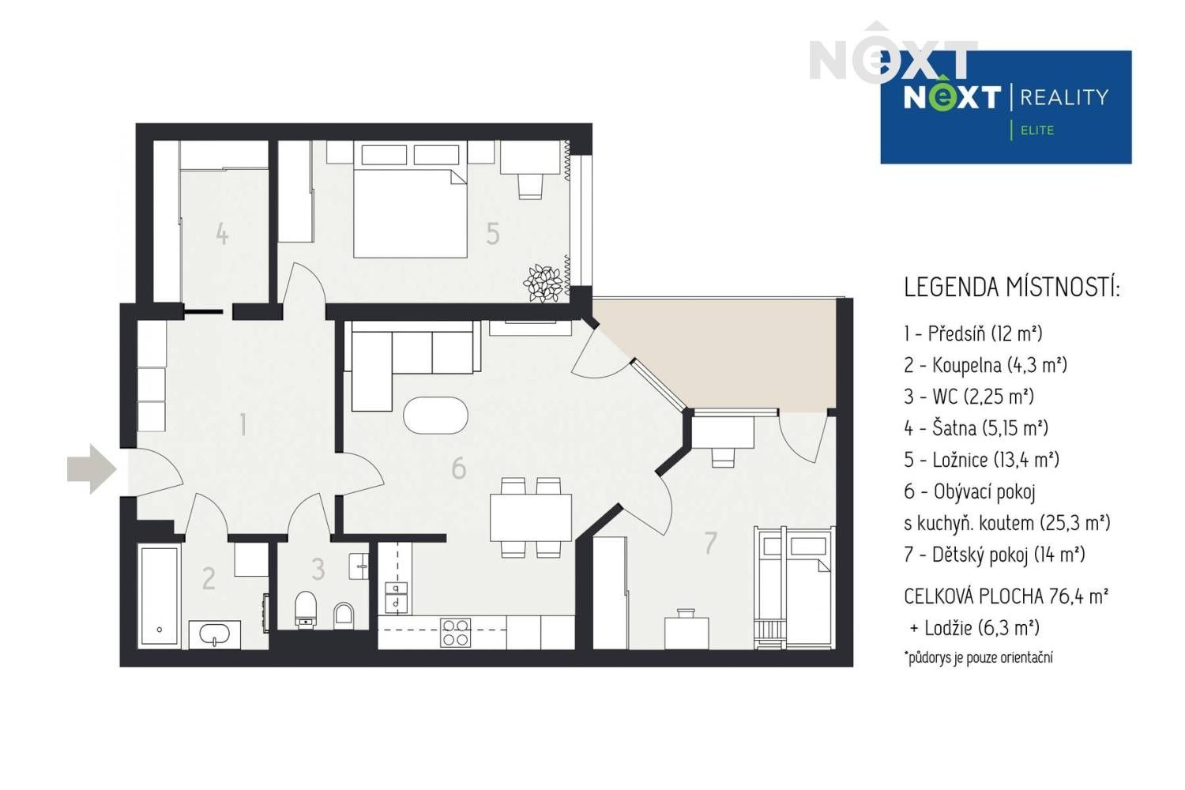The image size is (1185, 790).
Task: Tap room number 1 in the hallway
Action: [243, 424]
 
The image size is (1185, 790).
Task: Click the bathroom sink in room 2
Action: [214, 634]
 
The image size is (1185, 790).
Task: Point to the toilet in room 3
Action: [306, 609]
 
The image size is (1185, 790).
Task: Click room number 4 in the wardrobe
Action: [222, 234]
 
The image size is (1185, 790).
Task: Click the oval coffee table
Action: [435, 415]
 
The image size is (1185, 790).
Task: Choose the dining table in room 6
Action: [530, 517]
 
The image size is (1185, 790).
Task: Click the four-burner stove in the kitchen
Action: [456, 632]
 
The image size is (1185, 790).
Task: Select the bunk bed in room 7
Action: [793, 587]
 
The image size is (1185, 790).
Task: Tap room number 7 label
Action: [710, 543]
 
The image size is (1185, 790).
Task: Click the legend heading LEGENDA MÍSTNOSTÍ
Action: [1011, 288]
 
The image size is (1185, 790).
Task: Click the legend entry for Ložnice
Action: [981, 460]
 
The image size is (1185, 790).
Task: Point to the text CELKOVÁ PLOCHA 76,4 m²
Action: [1006, 596]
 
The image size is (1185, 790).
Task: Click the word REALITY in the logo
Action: [1064, 97]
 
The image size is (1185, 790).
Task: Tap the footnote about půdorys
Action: [978, 657]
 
